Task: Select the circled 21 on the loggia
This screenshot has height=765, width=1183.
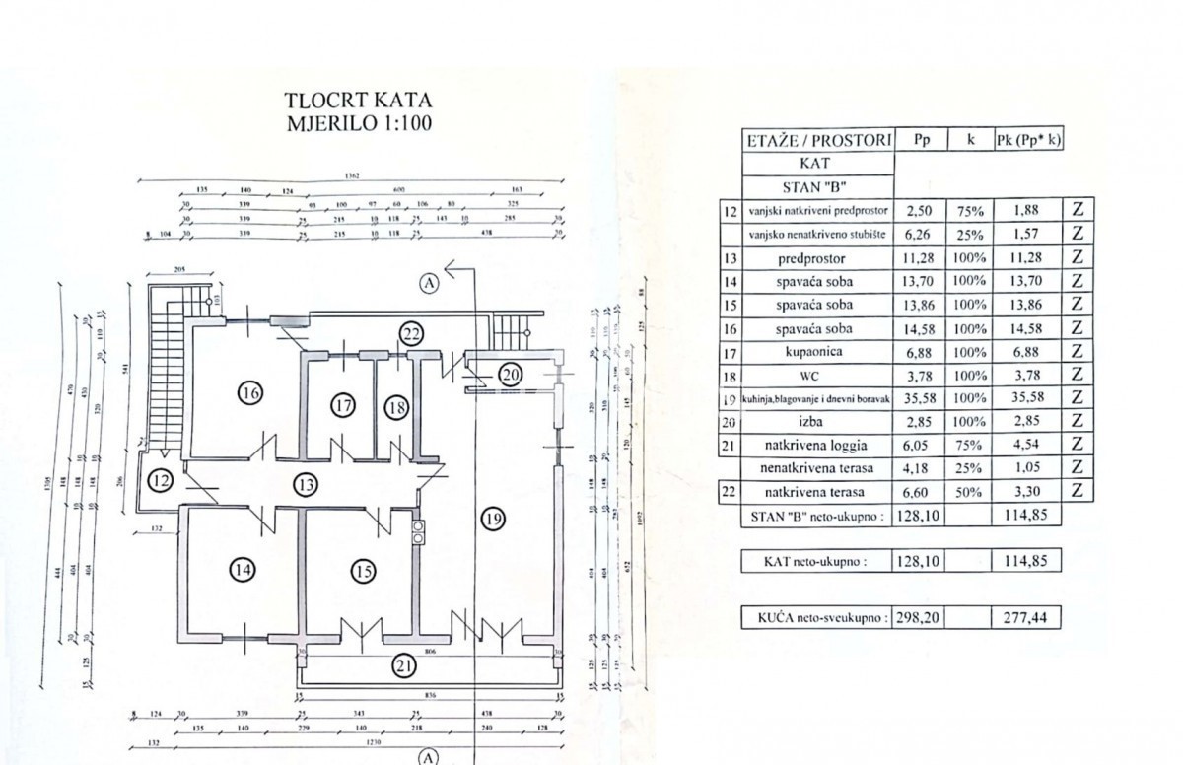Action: (404, 665)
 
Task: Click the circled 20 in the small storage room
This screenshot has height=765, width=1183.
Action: (509, 374)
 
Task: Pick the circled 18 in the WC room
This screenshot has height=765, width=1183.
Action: (396, 405)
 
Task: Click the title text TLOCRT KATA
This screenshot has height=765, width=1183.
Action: (358, 101)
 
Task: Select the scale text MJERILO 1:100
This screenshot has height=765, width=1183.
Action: (358, 123)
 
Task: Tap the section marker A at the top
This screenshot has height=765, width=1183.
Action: (429, 283)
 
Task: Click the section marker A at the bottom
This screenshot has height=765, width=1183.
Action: (428, 757)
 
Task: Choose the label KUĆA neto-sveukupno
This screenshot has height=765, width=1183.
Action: (815, 619)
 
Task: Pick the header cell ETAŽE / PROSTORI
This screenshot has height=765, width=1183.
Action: (817, 140)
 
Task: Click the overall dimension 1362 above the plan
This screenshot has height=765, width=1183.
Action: (353, 175)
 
